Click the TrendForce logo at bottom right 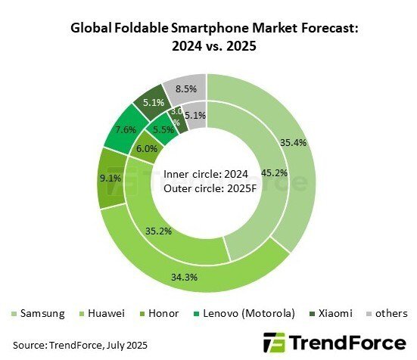pos(335,342)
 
